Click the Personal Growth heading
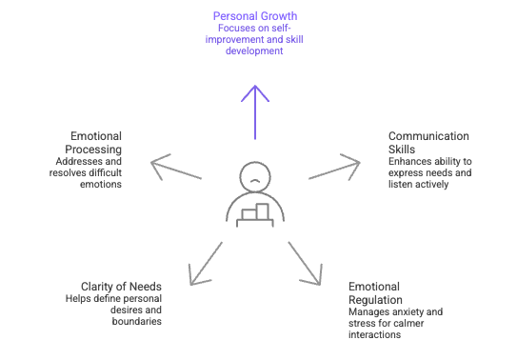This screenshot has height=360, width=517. point(254,16)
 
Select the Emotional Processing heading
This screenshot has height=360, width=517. point(96,143)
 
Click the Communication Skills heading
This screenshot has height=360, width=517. point(428,143)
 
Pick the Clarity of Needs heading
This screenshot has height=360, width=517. point(121,287)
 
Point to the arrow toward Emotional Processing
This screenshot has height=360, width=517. point(178,169)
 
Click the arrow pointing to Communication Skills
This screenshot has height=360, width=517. point(333,169)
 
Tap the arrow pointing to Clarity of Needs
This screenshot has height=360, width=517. point(206,262)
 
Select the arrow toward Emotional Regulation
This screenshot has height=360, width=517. point(305,262)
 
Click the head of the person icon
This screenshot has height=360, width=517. point(254,175)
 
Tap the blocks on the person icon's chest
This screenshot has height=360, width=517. point(254,211)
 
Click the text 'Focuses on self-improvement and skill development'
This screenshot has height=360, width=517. point(254,39)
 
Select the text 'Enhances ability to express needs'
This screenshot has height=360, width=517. point(429,167)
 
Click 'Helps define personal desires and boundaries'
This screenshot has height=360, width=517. point(108,310)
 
